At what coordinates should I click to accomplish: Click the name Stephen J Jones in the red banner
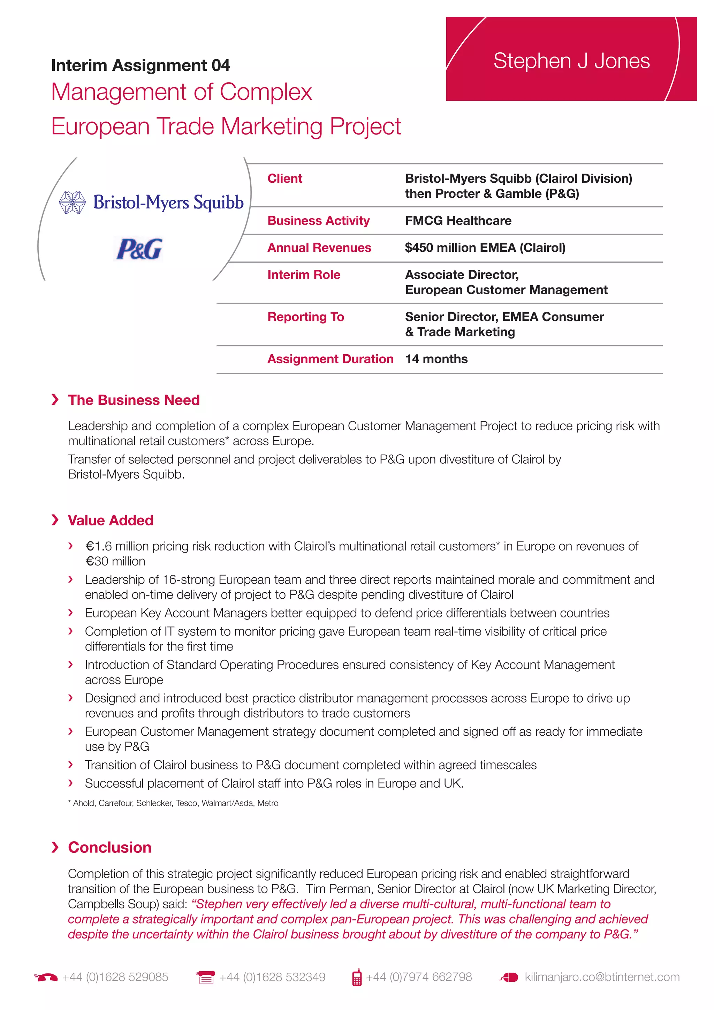point(571,61)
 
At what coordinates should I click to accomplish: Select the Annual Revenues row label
point(319,248)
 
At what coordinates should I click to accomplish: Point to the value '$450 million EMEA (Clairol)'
point(485,248)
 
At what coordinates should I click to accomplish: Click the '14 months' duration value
point(436,359)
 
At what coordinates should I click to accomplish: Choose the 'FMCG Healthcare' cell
point(458,220)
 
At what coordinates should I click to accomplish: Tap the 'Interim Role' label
point(304,274)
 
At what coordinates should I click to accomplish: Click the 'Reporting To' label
point(305,317)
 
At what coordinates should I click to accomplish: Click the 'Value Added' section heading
point(111,521)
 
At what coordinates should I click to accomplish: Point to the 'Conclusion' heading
point(109,848)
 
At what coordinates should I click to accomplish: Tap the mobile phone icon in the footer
point(357,978)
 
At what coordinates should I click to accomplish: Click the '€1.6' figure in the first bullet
point(99,546)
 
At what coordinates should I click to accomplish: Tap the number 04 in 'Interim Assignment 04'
point(220,66)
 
